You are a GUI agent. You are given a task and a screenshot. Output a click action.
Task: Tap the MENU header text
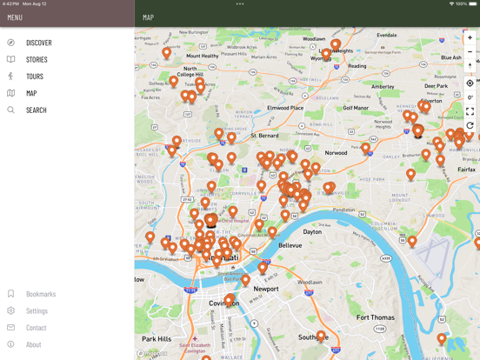[x=15, y=17]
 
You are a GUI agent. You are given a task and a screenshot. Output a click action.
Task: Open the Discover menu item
[x=38, y=43]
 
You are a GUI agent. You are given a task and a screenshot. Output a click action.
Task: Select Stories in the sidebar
[x=37, y=60]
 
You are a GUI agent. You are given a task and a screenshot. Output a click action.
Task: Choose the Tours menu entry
[x=34, y=77]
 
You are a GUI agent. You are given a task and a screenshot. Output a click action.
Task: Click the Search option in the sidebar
[x=36, y=110]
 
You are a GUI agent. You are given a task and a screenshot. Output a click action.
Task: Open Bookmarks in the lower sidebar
[x=40, y=294]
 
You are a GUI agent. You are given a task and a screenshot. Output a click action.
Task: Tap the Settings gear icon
[x=11, y=310]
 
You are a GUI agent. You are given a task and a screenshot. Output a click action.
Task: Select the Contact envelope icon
[x=11, y=328]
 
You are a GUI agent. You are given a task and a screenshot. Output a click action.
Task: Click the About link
[x=33, y=344]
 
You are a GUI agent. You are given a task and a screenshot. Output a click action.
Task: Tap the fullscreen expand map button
[x=470, y=111]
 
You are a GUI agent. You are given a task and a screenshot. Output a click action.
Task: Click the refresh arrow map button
[x=470, y=126]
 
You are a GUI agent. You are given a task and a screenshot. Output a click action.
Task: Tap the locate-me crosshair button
[x=470, y=83]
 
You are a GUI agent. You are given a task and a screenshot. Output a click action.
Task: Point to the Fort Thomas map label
[x=375, y=317]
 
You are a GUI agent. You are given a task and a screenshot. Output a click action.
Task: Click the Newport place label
[x=266, y=289]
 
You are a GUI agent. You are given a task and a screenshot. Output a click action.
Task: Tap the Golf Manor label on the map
[x=356, y=109]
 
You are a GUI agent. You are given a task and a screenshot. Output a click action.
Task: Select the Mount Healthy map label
[x=203, y=56]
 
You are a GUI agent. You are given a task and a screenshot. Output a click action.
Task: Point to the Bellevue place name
[x=290, y=246]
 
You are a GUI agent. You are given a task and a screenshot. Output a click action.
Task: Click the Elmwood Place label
[x=285, y=108]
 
